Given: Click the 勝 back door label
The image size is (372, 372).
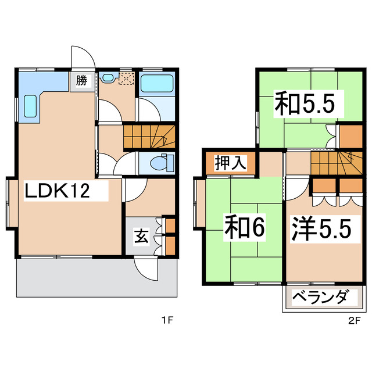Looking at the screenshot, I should [81, 80].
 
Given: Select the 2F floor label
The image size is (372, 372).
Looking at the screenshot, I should [353, 320].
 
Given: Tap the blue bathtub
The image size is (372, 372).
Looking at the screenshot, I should [158, 84].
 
